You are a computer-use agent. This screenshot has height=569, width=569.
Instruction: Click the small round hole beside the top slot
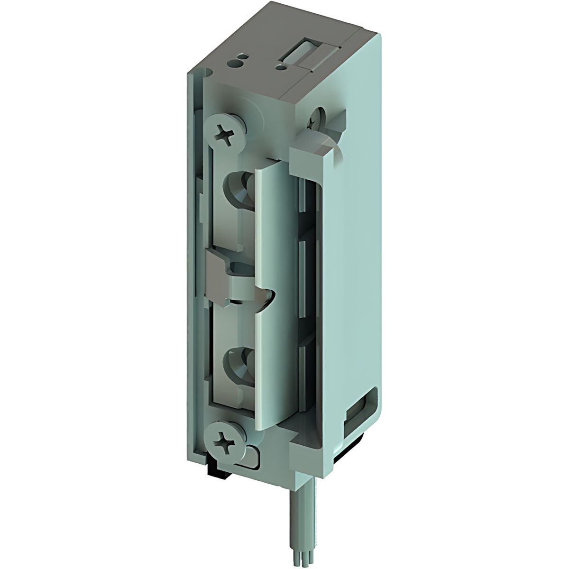pos(283,68)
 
